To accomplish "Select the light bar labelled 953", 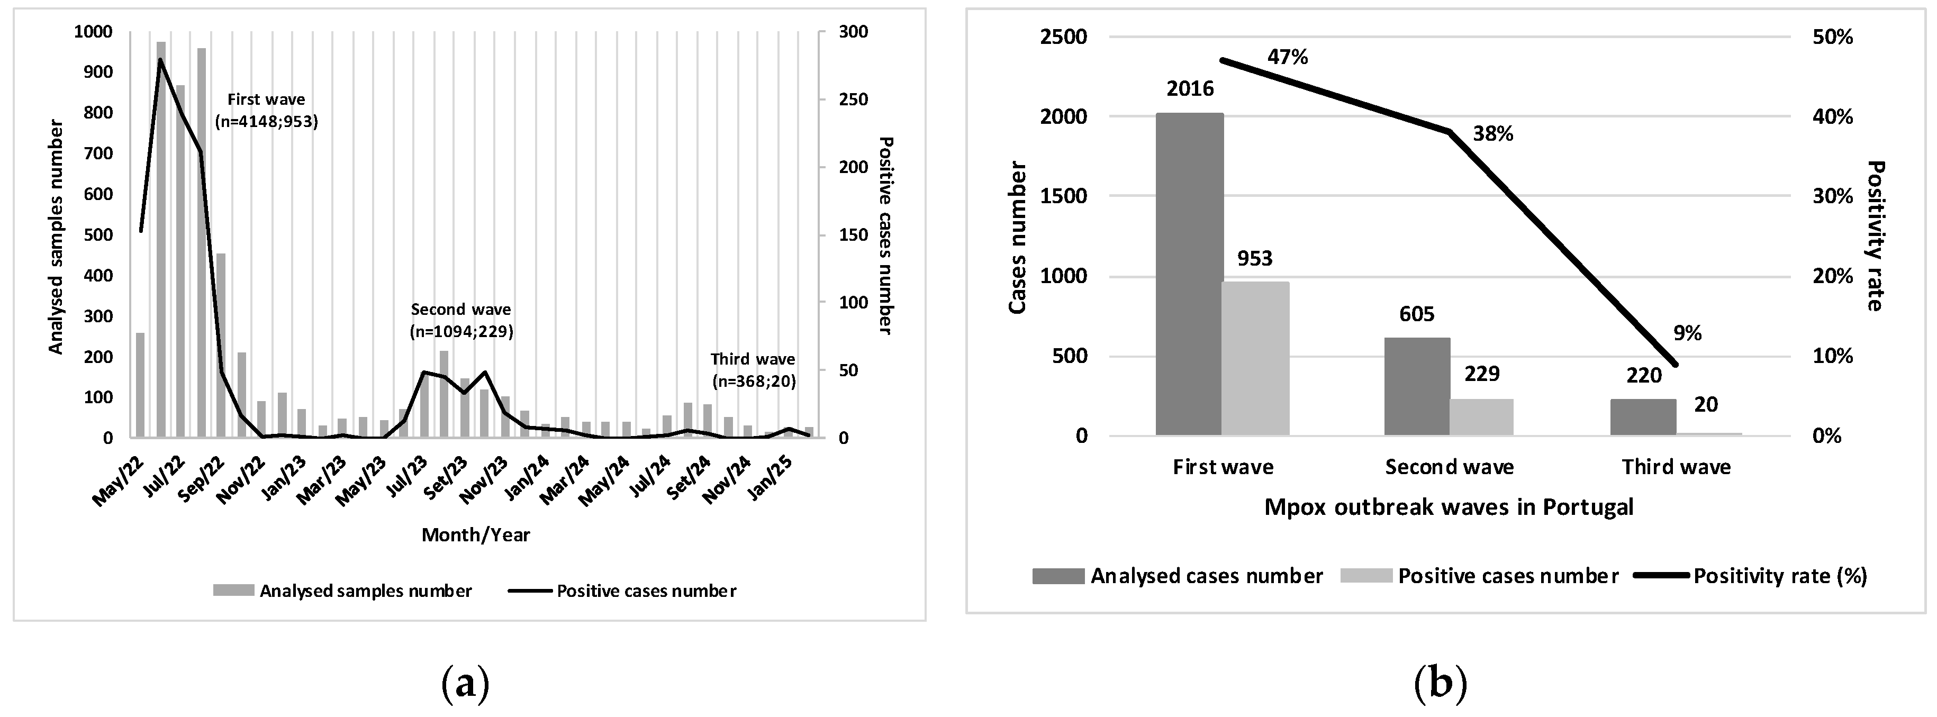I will pyautogui.click(x=1255, y=359).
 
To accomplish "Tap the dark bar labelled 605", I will pyautogui.click(x=1417, y=386).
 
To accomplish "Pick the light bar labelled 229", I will pyautogui.click(x=1481, y=417).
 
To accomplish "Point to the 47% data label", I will pyautogui.click(x=1287, y=57).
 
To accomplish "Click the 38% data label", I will pyautogui.click(x=1492, y=134).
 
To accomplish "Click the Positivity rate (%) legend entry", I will pyautogui.click(x=1780, y=576).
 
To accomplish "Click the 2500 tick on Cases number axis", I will pyautogui.click(x=1063, y=37).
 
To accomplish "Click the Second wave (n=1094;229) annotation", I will pyautogui.click(x=461, y=320).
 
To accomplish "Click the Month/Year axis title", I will pyautogui.click(x=475, y=535).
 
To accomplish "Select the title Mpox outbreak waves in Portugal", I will pyautogui.click(x=1448, y=507).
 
